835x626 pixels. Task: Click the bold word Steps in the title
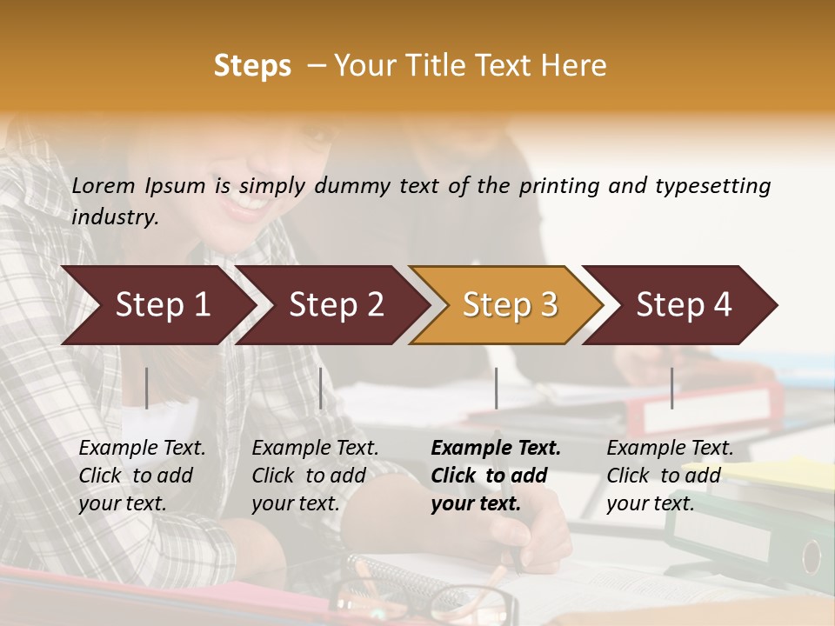point(252,66)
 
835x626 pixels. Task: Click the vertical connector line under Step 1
point(147,388)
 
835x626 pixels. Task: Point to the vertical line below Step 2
point(321,388)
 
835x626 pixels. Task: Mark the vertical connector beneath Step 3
point(496,388)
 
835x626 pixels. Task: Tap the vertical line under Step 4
point(671,388)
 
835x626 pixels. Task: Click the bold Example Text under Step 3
point(495,476)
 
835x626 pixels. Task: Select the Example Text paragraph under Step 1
point(142,476)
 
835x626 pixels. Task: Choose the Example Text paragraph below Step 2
point(315,476)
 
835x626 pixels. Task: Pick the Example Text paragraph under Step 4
point(670,476)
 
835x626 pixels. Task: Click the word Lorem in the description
point(104,186)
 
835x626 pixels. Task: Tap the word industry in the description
point(114,217)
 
